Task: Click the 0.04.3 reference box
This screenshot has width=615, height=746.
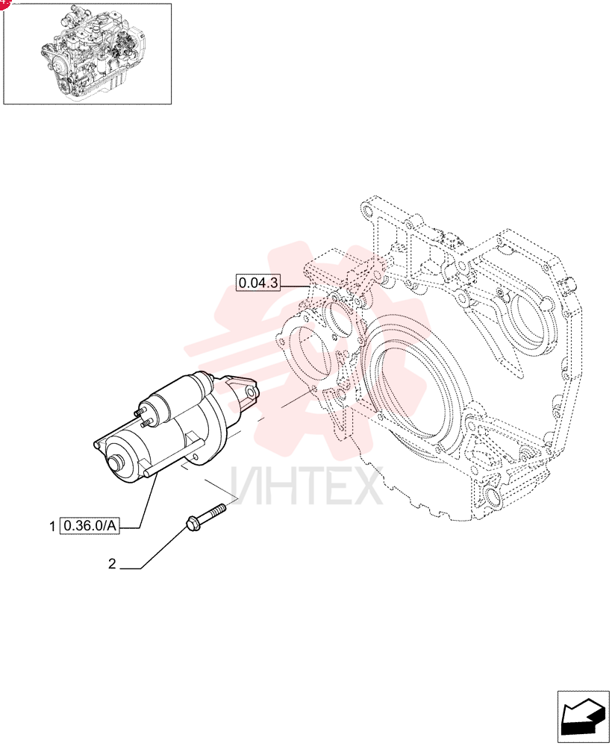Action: (x=258, y=283)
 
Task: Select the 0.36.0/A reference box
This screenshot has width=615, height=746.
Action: (x=90, y=526)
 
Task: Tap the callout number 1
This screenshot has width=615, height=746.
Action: (x=52, y=527)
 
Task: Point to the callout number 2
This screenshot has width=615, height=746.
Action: (x=112, y=564)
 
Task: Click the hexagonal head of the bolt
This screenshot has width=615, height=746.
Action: (x=191, y=524)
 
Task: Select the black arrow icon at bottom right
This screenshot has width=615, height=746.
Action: (x=583, y=714)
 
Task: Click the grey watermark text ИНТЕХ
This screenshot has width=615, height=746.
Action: (x=307, y=486)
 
